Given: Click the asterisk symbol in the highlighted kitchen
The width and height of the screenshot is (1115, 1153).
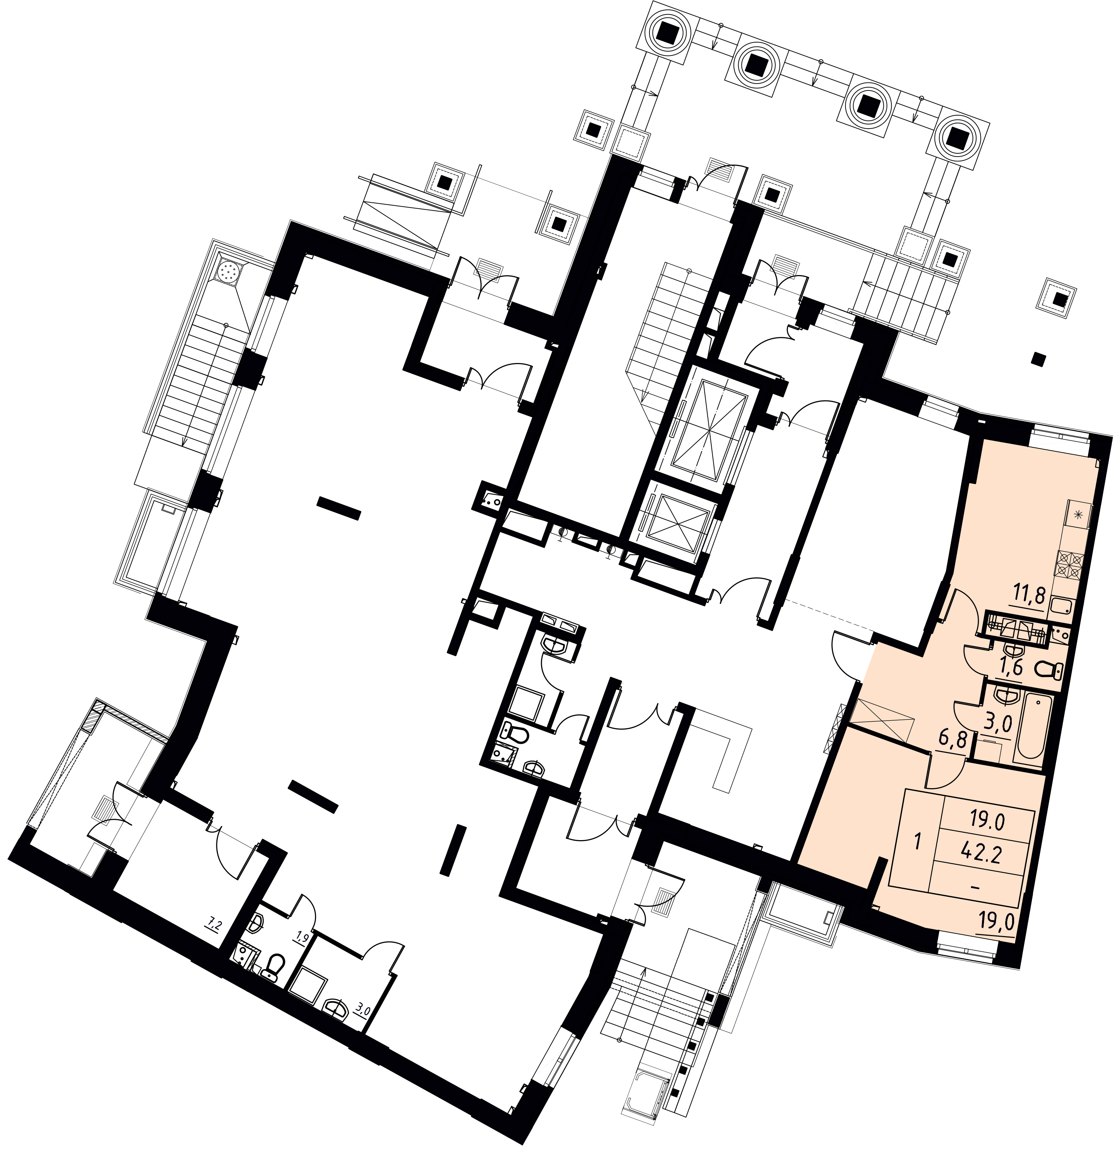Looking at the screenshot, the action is tap(1079, 515).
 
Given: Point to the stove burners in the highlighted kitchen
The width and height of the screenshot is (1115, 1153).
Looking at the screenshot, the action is tap(1071, 564).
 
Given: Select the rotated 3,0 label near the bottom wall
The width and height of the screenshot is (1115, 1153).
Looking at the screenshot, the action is tap(362, 1011).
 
